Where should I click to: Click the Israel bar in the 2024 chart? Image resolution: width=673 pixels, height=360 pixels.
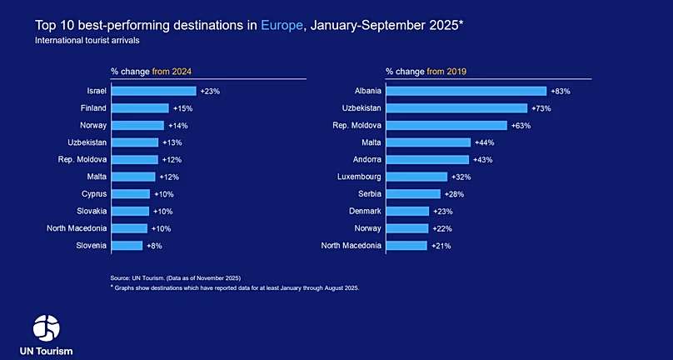(153, 91)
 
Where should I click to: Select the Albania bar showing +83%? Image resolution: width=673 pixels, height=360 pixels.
(466, 91)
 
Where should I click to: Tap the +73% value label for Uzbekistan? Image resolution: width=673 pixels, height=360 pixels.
(542, 108)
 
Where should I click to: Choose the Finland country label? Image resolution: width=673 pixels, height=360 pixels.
(92, 108)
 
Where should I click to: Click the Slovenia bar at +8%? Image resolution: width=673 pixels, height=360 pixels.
(127, 246)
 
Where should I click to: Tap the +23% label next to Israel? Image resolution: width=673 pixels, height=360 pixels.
(210, 91)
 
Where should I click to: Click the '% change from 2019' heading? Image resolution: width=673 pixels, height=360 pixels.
(426, 72)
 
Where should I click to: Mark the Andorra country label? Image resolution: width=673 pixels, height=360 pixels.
(366, 159)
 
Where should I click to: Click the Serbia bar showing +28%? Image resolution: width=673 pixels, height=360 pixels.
(413, 194)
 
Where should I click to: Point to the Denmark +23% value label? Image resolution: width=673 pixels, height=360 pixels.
(442, 212)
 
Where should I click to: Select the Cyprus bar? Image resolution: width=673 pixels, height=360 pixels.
(130, 194)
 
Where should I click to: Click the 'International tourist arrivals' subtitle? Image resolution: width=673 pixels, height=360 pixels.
(87, 40)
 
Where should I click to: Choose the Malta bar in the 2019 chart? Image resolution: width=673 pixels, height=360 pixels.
(428, 142)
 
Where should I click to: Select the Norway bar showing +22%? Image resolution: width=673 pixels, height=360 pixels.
(407, 228)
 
